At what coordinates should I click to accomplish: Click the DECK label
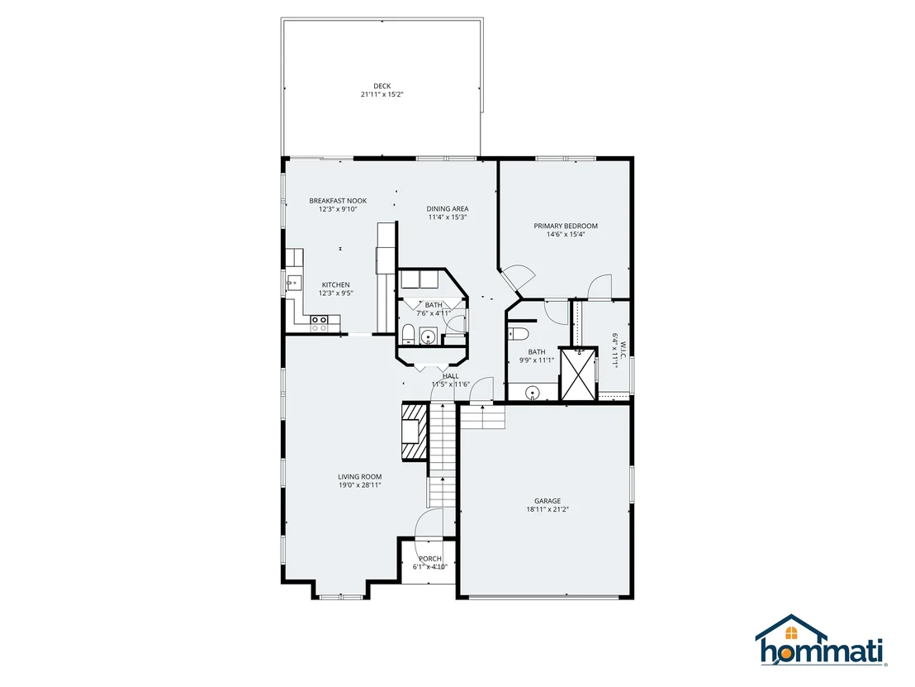click(x=382, y=86)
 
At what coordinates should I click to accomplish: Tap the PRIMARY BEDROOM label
click(x=566, y=226)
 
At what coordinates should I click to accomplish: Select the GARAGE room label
click(x=548, y=501)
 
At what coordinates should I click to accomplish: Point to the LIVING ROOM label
click(x=359, y=477)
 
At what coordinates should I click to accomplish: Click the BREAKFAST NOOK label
click(x=338, y=201)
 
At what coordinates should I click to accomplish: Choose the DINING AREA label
click(x=448, y=208)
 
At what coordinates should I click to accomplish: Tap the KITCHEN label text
click(x=335, y=285)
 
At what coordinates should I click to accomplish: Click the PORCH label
click(x=430, y=559)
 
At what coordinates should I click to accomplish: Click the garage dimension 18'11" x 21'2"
click(x=548, y=509)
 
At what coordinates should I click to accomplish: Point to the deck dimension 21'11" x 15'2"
click(x=382, y=94)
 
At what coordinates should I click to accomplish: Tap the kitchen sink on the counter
click(x=293, y=284)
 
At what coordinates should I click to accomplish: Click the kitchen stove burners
click(x=319, y=323)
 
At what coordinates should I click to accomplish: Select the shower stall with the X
click(x=578, y=374)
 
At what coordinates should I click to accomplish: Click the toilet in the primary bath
click(x=518, y=333)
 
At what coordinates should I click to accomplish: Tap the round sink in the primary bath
click(x=532, y=393)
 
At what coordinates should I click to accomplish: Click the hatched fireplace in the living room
click(x=415, y=432)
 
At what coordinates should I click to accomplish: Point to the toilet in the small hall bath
click(x=408, y=336)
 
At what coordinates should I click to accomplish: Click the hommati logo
click(x=821, y=640)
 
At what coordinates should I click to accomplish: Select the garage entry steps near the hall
click(x=482, y=417)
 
